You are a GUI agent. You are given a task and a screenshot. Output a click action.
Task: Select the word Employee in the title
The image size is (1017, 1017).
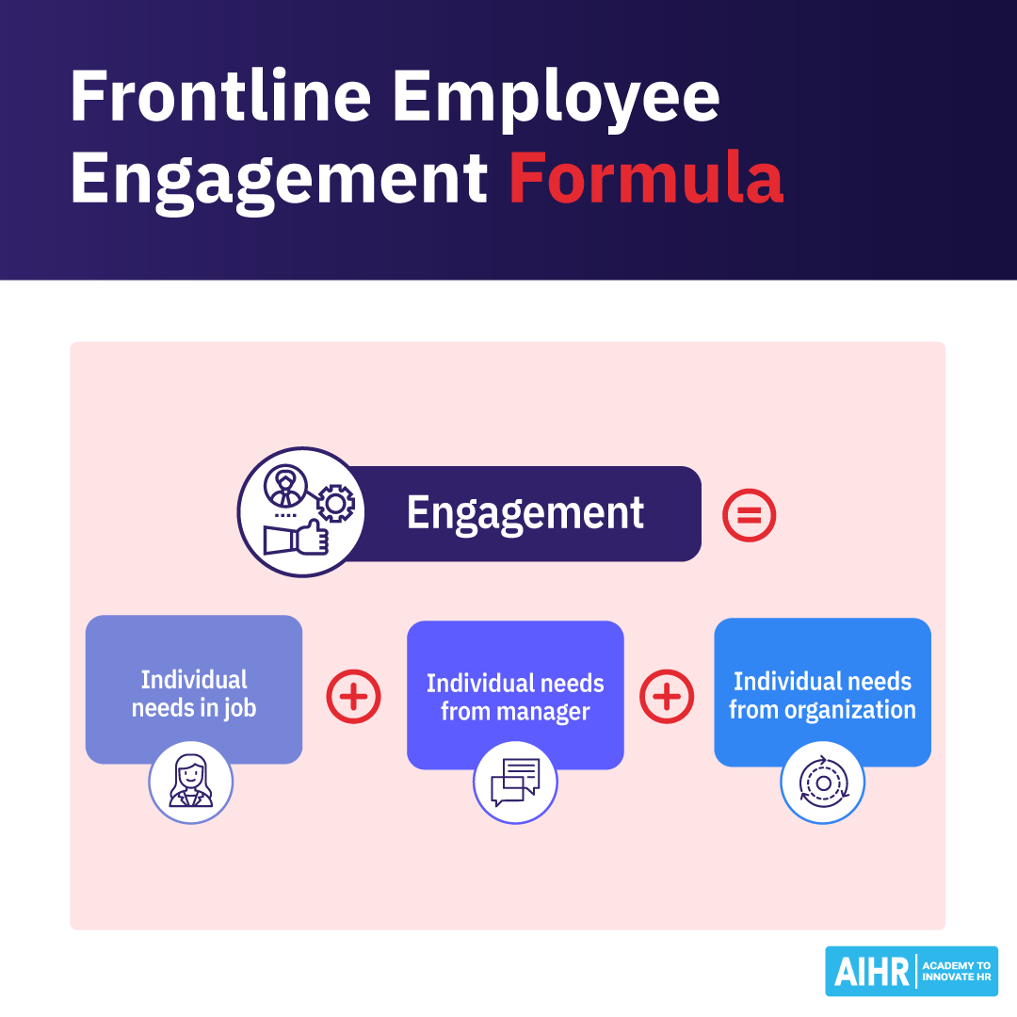tap(556, 98)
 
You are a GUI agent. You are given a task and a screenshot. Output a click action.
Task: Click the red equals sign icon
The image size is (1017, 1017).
tap(749, 515)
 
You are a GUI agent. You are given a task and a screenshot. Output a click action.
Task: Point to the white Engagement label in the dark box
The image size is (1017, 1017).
tap(525, 513)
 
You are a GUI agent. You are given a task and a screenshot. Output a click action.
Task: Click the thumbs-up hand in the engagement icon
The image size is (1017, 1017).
tap(297, 539)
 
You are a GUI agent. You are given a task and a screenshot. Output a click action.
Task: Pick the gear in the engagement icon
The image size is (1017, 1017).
tap(333, 504)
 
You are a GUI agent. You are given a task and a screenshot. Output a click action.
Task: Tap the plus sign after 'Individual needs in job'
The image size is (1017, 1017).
tap(353, 697)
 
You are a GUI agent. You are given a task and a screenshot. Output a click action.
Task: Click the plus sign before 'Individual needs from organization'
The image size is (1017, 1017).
tap(667, 697)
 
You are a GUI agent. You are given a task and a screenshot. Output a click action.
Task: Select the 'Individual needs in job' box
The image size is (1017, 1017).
tap(194, 688)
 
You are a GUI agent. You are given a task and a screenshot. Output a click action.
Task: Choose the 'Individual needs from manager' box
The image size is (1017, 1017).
tap(515, 694)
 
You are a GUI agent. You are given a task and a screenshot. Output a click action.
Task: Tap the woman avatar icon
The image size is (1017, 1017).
tap(191, 783)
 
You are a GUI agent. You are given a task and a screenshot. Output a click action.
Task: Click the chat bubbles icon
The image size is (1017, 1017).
tap(515, 783)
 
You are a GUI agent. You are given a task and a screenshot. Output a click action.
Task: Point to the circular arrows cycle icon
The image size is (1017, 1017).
tap(823, 783)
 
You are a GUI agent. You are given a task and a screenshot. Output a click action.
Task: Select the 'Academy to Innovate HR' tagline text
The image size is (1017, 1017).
tap(955, 972)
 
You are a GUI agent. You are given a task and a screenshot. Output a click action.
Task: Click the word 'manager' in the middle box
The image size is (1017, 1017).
tap(542, 712)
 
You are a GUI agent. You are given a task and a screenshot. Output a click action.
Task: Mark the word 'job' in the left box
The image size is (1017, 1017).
tap(239, 708)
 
